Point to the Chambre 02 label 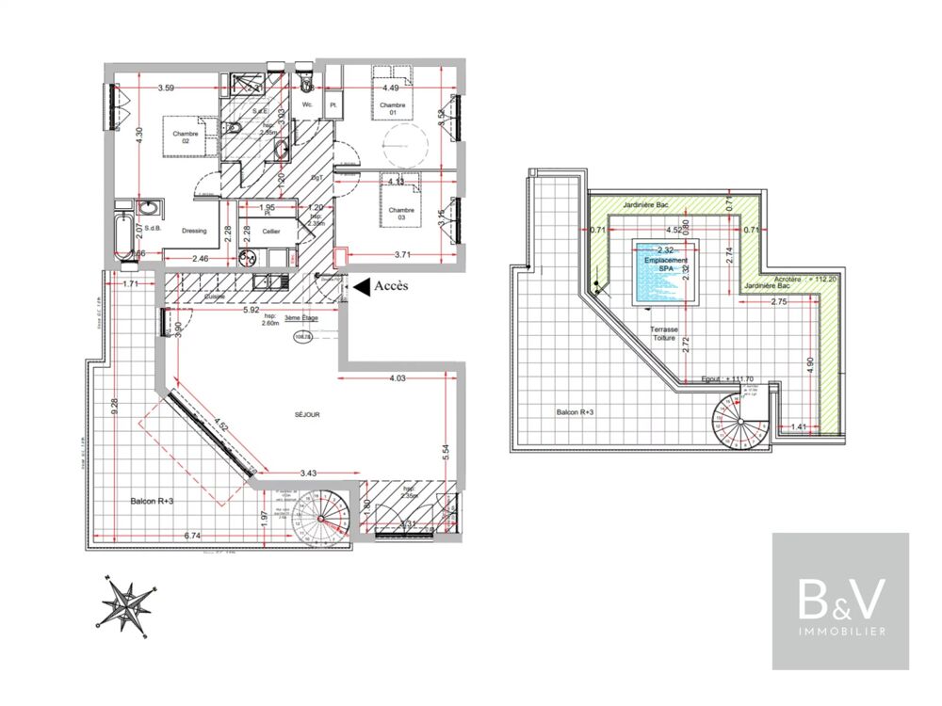click(187, 137)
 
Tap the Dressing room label click(195, 230)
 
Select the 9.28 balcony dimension click(114, 406)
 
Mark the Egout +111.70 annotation click(729, 378)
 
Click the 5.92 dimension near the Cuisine click(251, 309)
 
